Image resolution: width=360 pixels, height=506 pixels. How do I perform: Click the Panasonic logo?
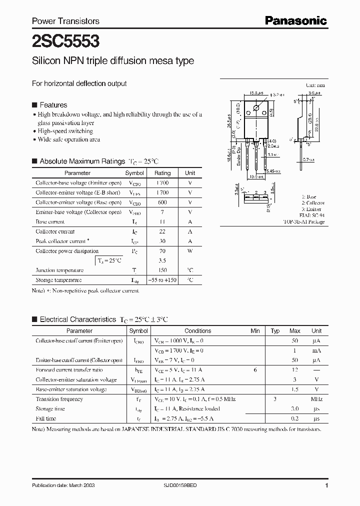click(x=295, y=20)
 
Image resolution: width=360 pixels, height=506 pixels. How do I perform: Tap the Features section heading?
click(x=53, y=105)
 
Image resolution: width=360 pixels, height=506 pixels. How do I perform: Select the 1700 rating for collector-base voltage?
click(x=162, y=183)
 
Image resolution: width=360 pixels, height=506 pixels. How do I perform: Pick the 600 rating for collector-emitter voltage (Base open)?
click(x=162, y=202)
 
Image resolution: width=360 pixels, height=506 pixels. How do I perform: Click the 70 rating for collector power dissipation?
click(x=162, y=251)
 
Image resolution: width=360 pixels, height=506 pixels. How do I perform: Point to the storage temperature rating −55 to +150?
click(x=162, y=280)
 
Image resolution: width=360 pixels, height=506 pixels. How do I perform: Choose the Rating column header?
click(x=162, y=173)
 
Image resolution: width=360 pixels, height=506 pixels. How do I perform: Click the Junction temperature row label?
click(x=55, y=270)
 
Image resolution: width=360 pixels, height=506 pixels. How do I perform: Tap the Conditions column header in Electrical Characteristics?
click(x=197, y=331)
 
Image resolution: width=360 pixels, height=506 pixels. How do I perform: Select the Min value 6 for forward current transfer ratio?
click(x=255, y=370)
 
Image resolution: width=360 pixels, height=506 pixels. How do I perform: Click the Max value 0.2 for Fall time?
click(x=294, y=418)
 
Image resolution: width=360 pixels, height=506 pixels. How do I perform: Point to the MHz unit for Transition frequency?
click(x=316, y=399)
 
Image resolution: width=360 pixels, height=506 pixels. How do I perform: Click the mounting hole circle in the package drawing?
click(x=256, y=108)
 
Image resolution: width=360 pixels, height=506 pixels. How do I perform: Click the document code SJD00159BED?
click(x=185, y=485)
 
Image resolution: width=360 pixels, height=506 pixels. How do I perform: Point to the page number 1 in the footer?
click(x=326, y=485)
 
